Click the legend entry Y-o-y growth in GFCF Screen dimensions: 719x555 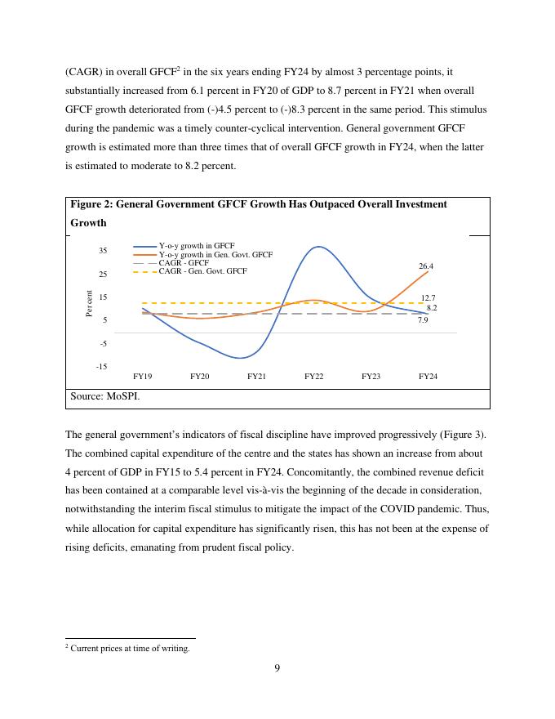click(x=196, y=246)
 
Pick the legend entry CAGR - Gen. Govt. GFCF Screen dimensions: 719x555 click(x=202, y=271)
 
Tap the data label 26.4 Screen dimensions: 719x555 click(x=426, y=266)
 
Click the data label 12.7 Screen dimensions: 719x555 click(x=428, y=298)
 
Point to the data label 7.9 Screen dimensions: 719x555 click(x=423, y=320)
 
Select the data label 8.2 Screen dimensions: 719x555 click(x=432, y=308)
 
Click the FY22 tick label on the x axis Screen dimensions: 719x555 click(x=313, y=377)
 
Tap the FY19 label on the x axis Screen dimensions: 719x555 click(x=142, y=377)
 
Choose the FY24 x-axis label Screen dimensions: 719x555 click(x=428, y=377)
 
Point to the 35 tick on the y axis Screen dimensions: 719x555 click(x=103, y=251)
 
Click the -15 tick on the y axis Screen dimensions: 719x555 click(x=101, y=367)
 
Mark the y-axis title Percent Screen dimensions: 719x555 click(x=89, y=304)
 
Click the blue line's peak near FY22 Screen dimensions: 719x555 click(x=317, y=247)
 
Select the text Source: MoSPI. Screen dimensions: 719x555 click(x=104, y=396)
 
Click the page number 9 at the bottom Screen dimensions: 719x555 click(x=277, y=668)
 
